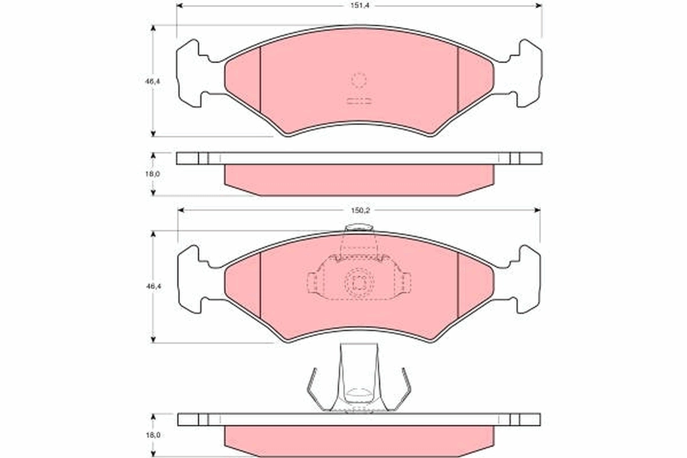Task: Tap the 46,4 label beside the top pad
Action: coord(152,81)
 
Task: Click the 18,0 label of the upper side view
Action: coord(152,173)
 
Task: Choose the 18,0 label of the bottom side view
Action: coord(152,435)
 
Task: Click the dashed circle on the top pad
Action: coord(359,81)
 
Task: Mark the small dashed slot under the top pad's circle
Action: coord(359,102)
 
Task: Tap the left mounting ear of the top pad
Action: coord(192,73)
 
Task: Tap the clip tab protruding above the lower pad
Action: coord(359,230)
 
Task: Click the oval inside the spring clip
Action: coord(359,393)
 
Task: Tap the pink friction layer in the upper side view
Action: coord(359,179)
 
